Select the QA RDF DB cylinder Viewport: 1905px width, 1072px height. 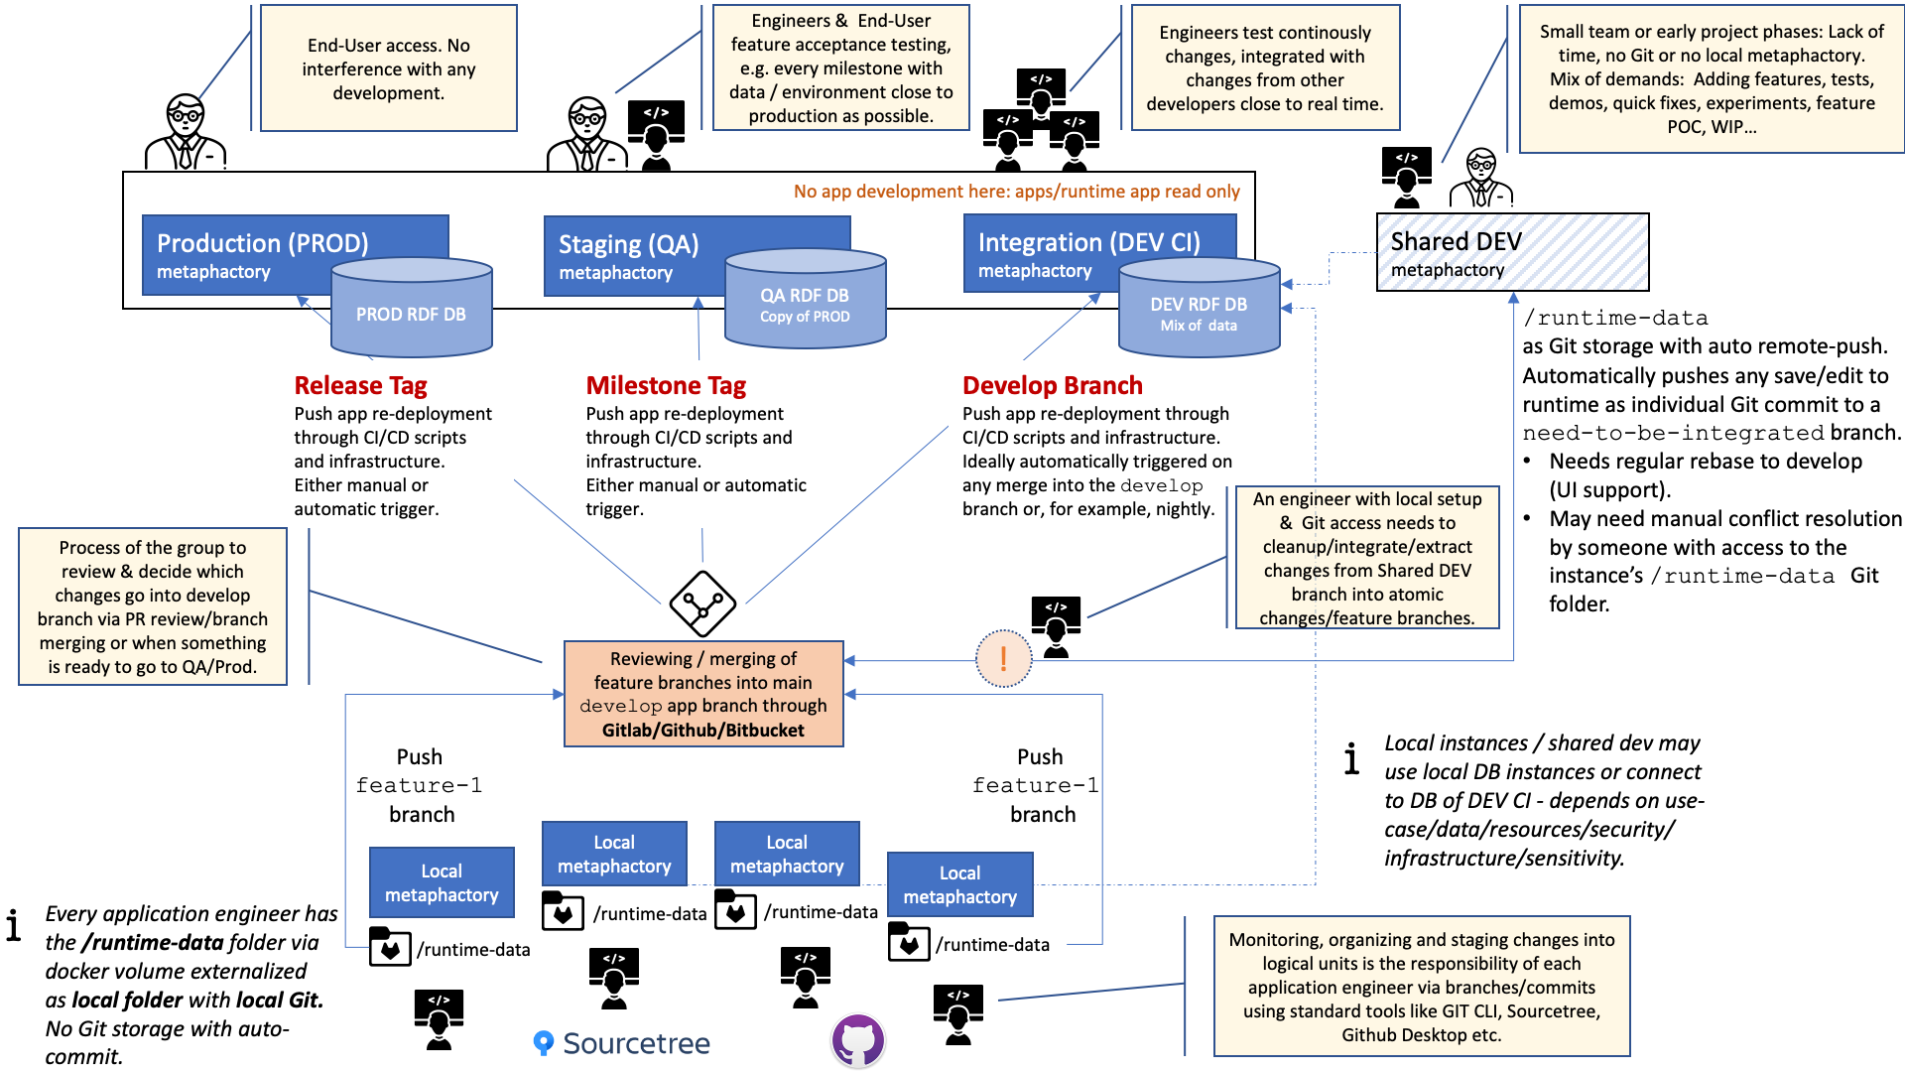click(805, 298)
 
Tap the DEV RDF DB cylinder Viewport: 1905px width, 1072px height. click(1199, 307)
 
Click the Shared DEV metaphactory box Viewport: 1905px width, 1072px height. click(1512, 252)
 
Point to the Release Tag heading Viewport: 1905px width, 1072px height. click(360, 385)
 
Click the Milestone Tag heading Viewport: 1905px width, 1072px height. click(666, 385)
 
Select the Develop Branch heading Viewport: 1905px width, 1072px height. click(1053, 385)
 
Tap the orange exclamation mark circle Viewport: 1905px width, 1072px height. click(1003, 658)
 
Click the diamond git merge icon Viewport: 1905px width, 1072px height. click(702, 603)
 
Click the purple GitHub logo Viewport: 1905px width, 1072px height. click(858, 1040)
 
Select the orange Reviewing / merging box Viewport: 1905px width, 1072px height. click(703, 694)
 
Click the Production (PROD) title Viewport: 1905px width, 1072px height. click(262, 243)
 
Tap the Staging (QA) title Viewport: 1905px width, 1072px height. click(628, 244)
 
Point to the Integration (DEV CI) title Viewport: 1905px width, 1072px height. click(1088, 242)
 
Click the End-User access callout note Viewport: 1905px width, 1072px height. click(389, 68)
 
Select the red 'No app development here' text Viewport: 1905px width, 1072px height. click(1016, 192)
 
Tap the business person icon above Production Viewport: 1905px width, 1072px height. click(186, 132)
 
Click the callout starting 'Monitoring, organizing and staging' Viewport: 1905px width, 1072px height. click(1422, 987)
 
